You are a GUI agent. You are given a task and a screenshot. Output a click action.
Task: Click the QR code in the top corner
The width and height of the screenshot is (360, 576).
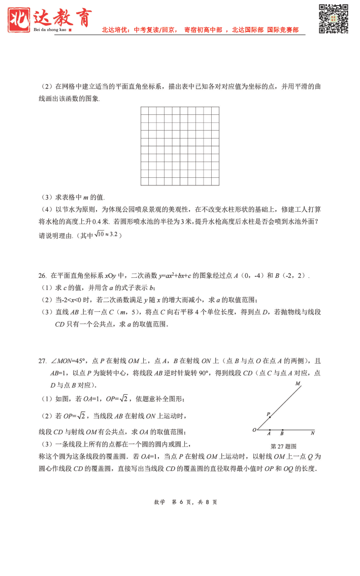pos(333,19)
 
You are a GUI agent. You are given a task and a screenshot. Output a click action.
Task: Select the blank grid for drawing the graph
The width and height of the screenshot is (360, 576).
pos(180,146)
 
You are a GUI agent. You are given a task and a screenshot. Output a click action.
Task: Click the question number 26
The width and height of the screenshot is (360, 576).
pos(42,276)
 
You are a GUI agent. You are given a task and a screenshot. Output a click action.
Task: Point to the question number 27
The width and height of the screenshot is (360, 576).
pos(42,361)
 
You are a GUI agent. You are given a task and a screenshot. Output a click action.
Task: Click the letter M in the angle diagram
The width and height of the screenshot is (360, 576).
pos(298,384)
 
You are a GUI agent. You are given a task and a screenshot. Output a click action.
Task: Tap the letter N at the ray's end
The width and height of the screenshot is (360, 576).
pos(313,433)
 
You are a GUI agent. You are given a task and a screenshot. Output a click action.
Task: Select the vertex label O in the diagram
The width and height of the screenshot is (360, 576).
pos(254,430)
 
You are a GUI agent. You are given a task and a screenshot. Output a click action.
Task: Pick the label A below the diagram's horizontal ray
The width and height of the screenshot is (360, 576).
pos(269,434)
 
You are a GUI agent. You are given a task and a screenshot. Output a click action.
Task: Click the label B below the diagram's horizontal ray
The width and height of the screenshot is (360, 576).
pos(282,434)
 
